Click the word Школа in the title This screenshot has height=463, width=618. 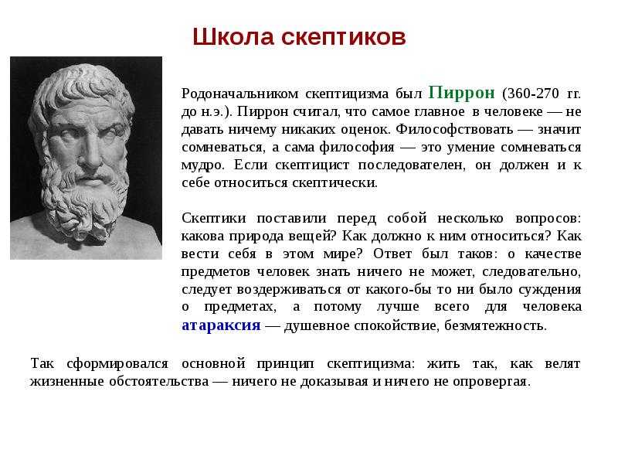pyautogui.click(x=233, y=37)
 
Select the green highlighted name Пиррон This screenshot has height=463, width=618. pyautogui.click(x=461, y=93)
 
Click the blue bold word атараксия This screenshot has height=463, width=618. pyautogui.click(x=221, y=325)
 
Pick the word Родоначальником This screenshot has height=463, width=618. pyautogui.click(x=239, y=94)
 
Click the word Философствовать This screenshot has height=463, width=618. pyautogui.click(x=454, y=129)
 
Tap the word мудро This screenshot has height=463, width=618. pyautogui.click(x=202, y=165)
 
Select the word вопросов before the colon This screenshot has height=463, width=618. pyautogui.click(x=546, y=219)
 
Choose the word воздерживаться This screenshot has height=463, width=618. pyautogui.click(x=288, y=290)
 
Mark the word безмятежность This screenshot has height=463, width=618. pyautogui.click(x=494, y=325)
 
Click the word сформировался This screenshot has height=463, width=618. pyautogui.click(x=117, y=363)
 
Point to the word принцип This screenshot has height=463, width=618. pyautogui.click(x=285, y=364)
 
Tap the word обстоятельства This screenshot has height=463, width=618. pyautogui.click(x=159, y=381)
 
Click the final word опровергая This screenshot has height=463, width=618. pyautogui.click(x=490, y=382)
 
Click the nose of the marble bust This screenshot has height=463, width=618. pyautogui.click(x=93, y=151)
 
